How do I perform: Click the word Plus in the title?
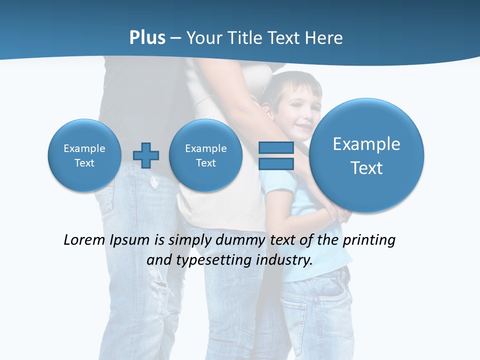147,38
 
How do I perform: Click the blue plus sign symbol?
146,155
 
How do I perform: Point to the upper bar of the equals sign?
276,147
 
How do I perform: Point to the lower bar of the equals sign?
276,164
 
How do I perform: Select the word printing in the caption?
369,240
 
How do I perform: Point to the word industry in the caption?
284,260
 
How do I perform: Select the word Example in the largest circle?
366,144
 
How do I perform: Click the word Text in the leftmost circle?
84,163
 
